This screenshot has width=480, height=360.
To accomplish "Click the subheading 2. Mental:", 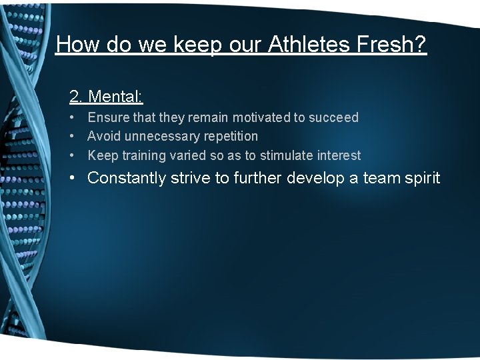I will click(x=106, y=97).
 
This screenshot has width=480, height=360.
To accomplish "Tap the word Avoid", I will click(x=103, y=137).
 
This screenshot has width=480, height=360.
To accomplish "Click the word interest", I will click(x=339, y=156).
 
